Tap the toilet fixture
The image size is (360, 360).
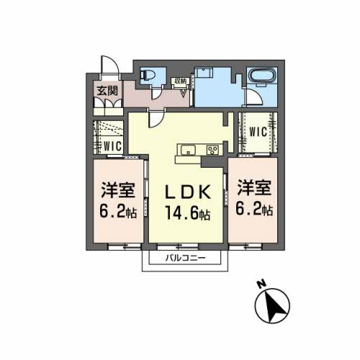click(x=150, y=75)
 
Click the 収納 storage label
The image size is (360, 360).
click(x=180, y=81)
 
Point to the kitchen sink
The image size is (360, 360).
click(x=187, y=150)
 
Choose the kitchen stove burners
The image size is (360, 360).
click(x=213, y=150)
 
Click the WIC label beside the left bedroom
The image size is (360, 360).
click(x=112, y=145)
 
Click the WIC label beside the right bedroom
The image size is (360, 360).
click(x=258, y=132)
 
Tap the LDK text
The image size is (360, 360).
click(x=189, y=194)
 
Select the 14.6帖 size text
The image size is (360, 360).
click(x=189, y=214)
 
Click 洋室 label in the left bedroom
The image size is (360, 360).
click(x=117, y=191)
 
